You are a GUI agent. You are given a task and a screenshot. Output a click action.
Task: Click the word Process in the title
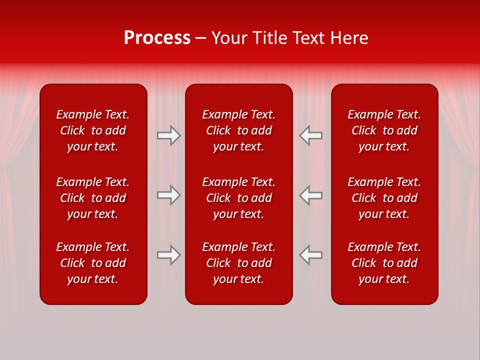pos(157,38)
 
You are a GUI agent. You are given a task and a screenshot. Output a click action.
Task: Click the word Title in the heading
pos(271,38)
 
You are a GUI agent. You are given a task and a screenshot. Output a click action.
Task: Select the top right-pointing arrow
pos(168,135)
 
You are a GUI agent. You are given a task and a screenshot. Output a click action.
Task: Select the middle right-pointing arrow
pos(168,195)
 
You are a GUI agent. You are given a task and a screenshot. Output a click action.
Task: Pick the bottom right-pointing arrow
pos(168,255)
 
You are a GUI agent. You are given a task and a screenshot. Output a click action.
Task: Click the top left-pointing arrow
pos(311,135)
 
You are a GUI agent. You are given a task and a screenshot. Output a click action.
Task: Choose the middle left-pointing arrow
pos(311,195)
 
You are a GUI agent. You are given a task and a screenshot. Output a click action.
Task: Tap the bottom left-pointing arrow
pos(311,255)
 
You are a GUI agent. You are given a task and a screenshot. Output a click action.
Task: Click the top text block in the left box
pos(93,130)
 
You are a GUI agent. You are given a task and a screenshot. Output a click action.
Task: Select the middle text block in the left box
pos(93,198)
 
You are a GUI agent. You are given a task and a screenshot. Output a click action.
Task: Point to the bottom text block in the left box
pos(93,263)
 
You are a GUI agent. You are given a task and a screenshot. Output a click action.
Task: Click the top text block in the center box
pos(239,130)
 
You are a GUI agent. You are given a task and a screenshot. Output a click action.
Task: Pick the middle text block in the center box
pos(239,198)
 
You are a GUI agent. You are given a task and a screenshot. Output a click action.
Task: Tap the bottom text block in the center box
pos(239,263)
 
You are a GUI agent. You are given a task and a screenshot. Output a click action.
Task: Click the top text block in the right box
pos(384,130)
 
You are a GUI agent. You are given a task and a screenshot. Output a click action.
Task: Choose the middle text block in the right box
pos(384,198)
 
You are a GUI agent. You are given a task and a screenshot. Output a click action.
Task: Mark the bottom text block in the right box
pos(384,263)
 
